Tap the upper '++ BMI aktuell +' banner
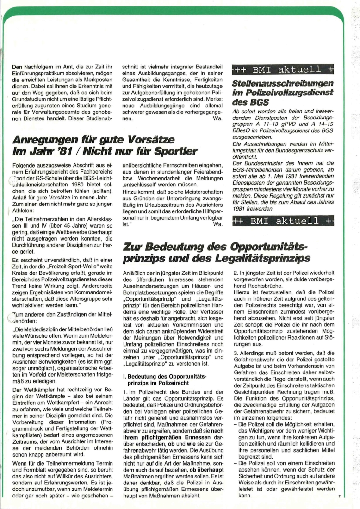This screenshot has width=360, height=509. [283, 70]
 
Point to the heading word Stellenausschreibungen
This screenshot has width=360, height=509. [283, 84]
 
